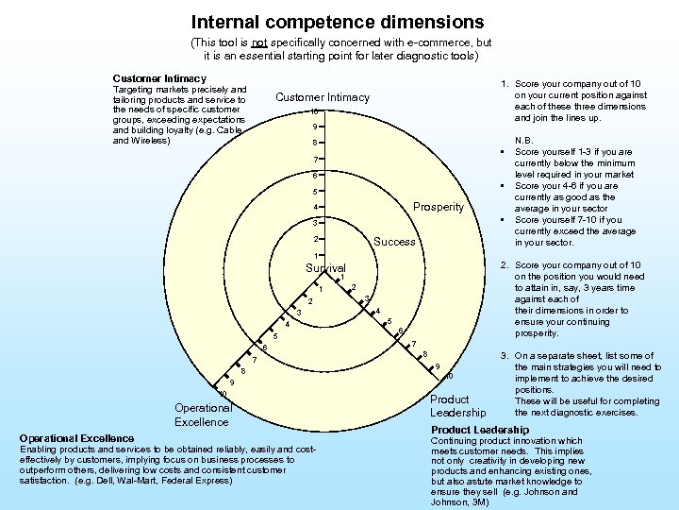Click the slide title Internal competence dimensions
click(337, 21)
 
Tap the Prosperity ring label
click(439, 207)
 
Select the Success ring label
click(394, 242)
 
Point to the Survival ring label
click(325, 269)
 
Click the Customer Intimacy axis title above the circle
click(323, 97)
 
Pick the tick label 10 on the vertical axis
click(314, 112)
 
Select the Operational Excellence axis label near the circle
click(202, 415)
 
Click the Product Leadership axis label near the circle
click(457, 406)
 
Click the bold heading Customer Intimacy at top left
click(158, 77)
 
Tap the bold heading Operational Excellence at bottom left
click(76, 438)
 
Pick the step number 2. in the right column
click(505, 265)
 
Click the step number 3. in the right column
click(505, 356)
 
